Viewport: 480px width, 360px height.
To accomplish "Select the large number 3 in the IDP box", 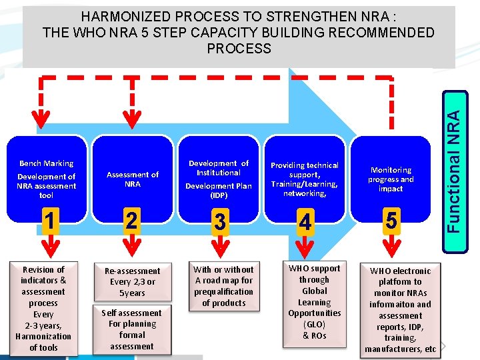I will click(219, 221).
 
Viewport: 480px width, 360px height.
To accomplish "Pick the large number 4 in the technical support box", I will click(305, 222).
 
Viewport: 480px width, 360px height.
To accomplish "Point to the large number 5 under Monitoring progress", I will click(391, 219).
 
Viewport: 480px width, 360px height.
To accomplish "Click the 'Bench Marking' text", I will click(47, 163).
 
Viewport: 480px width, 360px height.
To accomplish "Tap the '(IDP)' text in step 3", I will click(219, 196).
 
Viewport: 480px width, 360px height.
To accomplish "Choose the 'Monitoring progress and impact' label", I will click(391, 179).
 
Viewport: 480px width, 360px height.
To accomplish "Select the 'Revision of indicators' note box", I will click(44, 308).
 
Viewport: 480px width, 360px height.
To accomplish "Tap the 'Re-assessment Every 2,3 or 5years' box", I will click(132, 282).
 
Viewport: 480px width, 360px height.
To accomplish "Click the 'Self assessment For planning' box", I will click(132, 329).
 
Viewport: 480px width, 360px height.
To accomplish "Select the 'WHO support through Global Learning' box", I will click(314, 301).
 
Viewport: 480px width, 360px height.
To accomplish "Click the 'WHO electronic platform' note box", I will click(400, 310).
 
